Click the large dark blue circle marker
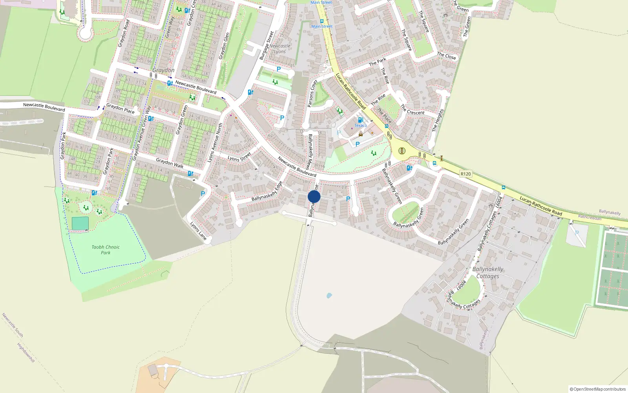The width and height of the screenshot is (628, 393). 314,197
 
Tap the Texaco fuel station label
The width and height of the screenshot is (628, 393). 360,125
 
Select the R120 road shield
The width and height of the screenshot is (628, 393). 466,174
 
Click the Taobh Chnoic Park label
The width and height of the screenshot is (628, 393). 106,250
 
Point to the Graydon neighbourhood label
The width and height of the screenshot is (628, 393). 163,70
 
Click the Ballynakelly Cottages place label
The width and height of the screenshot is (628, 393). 487,272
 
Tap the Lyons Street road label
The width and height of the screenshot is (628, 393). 239,157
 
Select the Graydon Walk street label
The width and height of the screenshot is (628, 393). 170,163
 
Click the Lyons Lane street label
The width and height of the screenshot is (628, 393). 198,231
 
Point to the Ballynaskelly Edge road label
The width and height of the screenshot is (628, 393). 267,191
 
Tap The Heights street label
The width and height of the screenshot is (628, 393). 437,120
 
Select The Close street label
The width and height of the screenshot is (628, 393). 447,56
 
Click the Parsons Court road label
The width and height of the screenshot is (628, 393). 312,94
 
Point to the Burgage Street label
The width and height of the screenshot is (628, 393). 267,46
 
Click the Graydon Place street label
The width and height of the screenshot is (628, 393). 120,108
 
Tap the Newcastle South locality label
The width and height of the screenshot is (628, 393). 13,325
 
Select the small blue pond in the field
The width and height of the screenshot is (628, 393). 329,295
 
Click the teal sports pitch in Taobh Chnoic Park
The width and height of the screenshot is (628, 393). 80,224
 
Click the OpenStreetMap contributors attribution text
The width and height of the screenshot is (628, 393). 598,389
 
